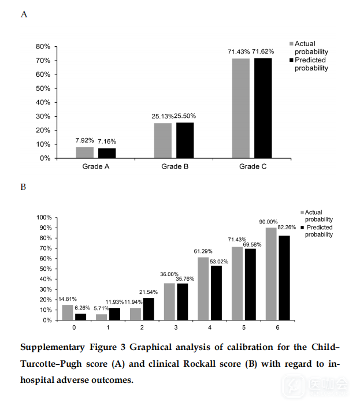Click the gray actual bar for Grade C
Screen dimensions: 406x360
[240, 108]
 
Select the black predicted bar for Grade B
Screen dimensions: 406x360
[185, 140]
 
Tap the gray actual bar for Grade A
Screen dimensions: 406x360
[84, 152]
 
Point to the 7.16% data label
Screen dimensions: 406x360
[107, 140]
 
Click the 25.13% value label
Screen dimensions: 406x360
[163, 116]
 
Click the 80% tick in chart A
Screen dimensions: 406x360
[43, 46]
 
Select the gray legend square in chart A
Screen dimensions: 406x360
[291, 44]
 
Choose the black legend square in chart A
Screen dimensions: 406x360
[291, 60]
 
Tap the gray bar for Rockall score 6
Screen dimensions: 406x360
[270, 274]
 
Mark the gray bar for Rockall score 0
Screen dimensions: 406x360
[68, 312]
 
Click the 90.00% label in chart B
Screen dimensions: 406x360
[268, 222]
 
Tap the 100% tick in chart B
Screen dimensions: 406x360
[44, 218]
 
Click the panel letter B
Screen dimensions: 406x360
[23, 187]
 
